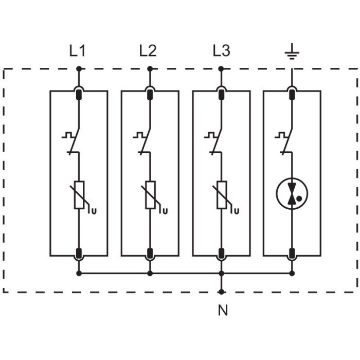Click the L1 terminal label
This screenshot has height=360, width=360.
(78, 51)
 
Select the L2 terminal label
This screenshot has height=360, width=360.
(148, 51)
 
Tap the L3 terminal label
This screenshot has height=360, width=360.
(221, 51)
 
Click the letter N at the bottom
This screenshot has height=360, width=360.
(221, 311)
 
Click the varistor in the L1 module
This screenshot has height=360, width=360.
(79, 195)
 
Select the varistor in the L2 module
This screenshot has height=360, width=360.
(150, 195)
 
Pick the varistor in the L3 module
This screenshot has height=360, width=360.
(221, 195)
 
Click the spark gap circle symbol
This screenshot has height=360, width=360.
(292, 194)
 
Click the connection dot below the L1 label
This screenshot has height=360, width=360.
(79, 68)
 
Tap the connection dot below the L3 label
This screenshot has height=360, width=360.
(221, 68)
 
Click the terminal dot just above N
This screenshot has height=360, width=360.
(221, 292)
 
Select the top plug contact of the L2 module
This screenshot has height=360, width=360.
(150, 94)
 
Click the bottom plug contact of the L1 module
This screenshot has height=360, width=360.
(79, 253)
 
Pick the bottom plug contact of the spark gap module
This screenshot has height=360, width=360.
(292, 253)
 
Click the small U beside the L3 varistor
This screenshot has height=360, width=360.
(237, 210)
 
